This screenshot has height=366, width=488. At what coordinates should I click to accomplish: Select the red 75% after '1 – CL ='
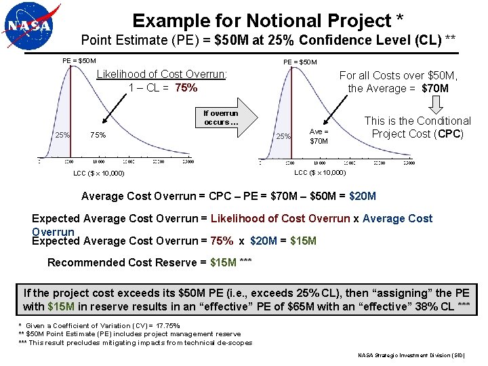coord(186,87)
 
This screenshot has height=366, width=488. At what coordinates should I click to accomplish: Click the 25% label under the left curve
coord(62,135)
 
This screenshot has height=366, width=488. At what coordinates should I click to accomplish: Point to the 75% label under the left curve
coord(98,135)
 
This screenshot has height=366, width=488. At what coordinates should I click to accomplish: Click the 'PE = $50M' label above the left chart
coord(79,60)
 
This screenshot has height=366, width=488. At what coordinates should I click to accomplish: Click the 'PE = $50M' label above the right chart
coord(300,62)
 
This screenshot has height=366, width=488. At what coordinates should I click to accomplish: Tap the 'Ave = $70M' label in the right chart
coord(319,136)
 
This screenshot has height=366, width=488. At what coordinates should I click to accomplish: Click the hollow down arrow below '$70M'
coord(436,104)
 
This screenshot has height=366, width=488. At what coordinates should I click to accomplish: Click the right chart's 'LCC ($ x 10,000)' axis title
coord(320,173)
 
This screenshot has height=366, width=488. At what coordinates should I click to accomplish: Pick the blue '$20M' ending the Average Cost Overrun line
coord(363,197)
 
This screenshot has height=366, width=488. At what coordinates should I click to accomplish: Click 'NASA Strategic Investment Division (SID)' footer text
coord(411,356)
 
